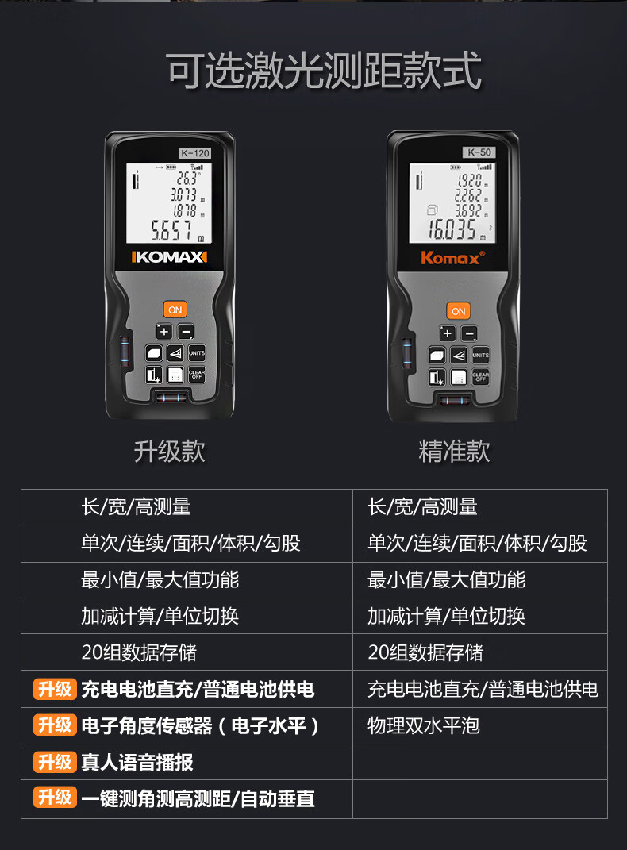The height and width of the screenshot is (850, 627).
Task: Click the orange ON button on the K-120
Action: pyautogui.click(x=175, y=310)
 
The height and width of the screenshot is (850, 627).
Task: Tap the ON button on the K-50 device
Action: pyautogui.click(x=459, y=311)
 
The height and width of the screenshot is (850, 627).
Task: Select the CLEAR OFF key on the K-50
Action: pyautogui.click(x=481, y=377)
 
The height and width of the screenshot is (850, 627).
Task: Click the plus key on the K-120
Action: pyautogui.click(x=164, y=331)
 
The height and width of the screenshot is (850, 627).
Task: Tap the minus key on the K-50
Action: pyautogui.click(x=470, y=333)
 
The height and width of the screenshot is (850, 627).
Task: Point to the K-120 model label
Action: pyautogui.click(x=195, y=153)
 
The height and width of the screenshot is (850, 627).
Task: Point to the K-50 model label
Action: pyautogui.click(x=479, y=152)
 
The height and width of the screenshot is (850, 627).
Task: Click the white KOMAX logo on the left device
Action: pyautogui.click(x=170, y=256)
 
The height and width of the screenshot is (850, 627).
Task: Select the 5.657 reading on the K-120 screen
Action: pyautogui.click(x=171, y=230)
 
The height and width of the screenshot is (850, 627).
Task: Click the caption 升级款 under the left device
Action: pyautogui.click(x=170, y=451)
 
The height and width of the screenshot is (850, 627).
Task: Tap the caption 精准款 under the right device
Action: pyautogui.click(x=454, y=451)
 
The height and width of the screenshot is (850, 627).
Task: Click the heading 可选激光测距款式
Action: pyautogui.click(x=324, y=71)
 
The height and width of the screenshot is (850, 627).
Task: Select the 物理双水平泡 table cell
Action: pyautogui.click(x=424, y=725)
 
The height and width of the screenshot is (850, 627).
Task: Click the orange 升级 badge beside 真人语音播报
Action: pyautogui.click(x=55, y=762)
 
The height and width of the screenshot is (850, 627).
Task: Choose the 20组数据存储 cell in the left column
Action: pyautogui.click(x=139, y=652)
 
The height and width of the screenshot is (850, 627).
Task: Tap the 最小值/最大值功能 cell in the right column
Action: pyautogui.click(x=447, y=579)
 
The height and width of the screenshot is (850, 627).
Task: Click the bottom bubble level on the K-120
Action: pyautogui.click(x=171, y=398)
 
